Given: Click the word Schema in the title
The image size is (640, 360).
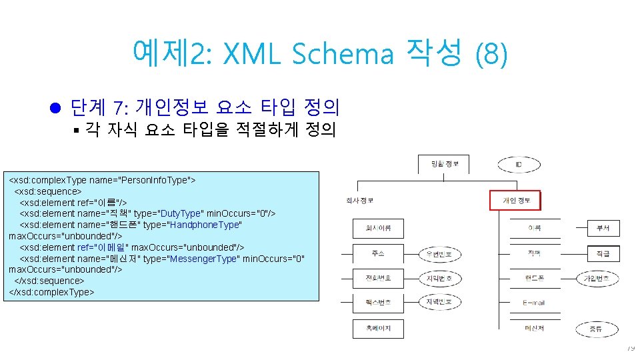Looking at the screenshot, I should point(342,53).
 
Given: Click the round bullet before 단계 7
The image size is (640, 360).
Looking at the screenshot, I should point(55,107).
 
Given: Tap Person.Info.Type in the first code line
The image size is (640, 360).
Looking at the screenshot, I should point(153,180).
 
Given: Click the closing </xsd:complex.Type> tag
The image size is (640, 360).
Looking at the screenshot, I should point(51,292).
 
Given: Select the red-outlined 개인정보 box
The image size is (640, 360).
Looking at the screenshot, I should point(515,200).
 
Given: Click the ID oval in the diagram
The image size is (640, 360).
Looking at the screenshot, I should point(519,164).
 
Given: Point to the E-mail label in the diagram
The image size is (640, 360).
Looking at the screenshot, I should point(534,303).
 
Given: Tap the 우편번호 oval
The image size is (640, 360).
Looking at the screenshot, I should point(439,254).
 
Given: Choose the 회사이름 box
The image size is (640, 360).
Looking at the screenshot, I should point(378,229).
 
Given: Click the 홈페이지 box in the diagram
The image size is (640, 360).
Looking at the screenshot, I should point(378,328).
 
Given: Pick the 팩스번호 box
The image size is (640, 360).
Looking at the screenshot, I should point(378,303).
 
